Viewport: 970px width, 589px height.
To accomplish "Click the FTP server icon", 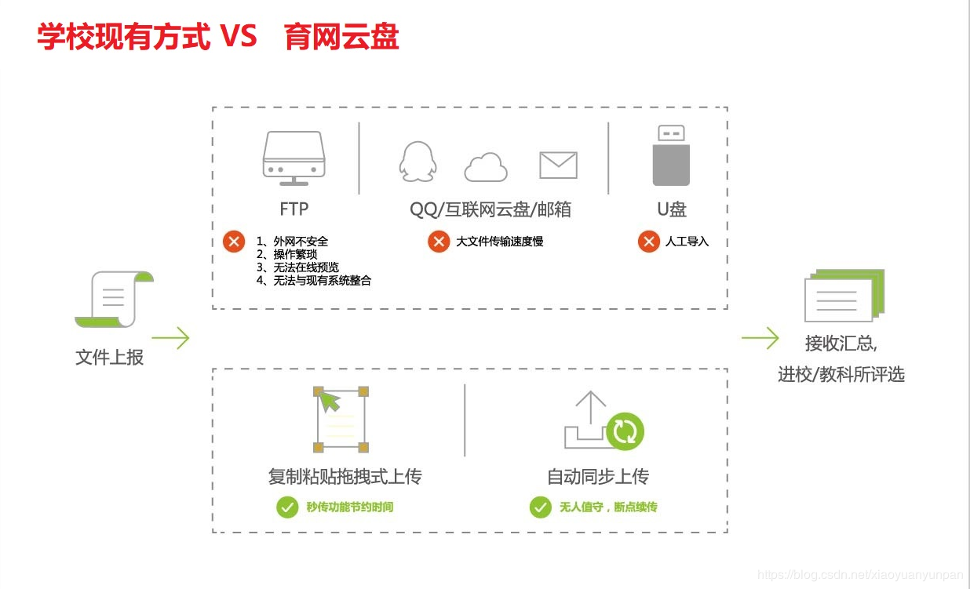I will [x=294, y=158].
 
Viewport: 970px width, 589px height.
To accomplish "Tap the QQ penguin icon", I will [x=415, y=162].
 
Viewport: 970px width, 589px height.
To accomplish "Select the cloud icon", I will [x=486, y=166].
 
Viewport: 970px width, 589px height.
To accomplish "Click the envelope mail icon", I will [x=558, y=165].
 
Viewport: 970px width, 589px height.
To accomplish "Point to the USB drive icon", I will [x=671, y=155].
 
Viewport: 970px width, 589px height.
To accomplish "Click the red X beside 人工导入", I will [x=648, y=241].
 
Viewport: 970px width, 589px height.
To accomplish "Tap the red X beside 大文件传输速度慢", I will [x=439, y=241].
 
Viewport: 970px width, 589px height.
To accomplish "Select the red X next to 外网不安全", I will [x=234, y=241].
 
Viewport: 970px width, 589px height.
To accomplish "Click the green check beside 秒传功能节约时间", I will [x=287, y=507].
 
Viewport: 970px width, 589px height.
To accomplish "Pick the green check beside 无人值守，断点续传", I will [x=540, y=507].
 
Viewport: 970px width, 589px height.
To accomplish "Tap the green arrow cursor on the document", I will [x=330, y=402].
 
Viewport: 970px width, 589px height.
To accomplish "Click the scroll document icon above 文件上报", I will [x=115, y=299].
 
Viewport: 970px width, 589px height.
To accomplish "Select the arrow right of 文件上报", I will [x=171, y=338].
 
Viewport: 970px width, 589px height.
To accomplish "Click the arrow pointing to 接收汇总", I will [x=760, y=338].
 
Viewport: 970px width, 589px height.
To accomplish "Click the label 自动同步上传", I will [x=598, y=476].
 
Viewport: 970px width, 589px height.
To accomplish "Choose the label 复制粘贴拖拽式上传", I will [x=345, y=476].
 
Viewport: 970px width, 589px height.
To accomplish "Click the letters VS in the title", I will [x=238, y=36].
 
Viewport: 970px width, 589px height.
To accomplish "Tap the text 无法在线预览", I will [x=306, y=267].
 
